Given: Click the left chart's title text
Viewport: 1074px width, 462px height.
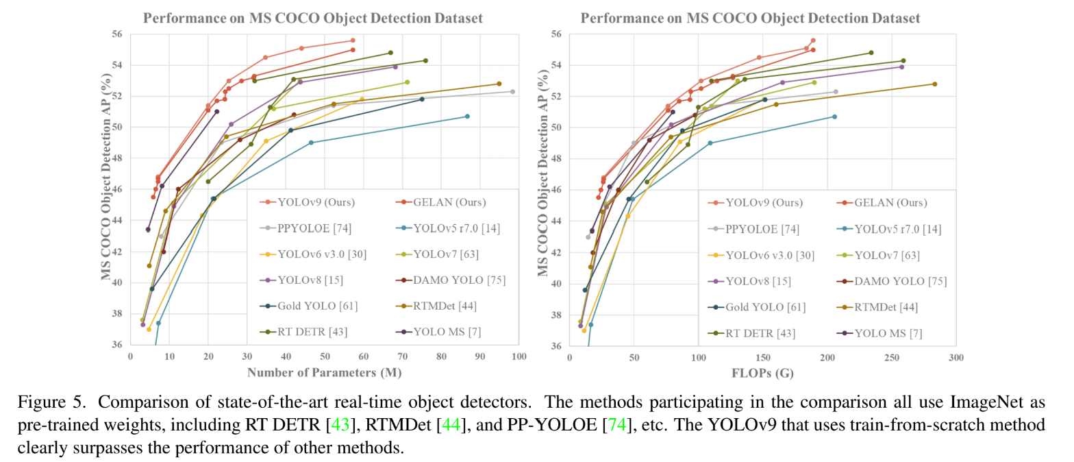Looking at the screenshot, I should tap(312, 18).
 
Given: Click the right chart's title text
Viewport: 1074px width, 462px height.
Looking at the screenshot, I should tap(751, 18).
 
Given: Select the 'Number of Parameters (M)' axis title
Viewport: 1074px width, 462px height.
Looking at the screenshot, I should tap(324, 373).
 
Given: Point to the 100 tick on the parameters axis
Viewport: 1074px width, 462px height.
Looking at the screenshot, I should tap(519, 357).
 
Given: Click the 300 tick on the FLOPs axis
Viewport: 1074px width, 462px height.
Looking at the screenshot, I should tap(956, 357).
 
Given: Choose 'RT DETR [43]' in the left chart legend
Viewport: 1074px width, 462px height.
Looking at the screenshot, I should tap(311, 332).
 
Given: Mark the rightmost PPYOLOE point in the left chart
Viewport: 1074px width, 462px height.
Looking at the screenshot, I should tap(512, 91).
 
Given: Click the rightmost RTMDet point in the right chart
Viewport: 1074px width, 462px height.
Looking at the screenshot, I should tap(934, 84).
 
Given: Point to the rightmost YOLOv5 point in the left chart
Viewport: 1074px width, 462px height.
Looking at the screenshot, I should tap(467, 117).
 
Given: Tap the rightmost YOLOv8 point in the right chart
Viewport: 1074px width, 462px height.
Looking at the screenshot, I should tap(902, 66).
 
